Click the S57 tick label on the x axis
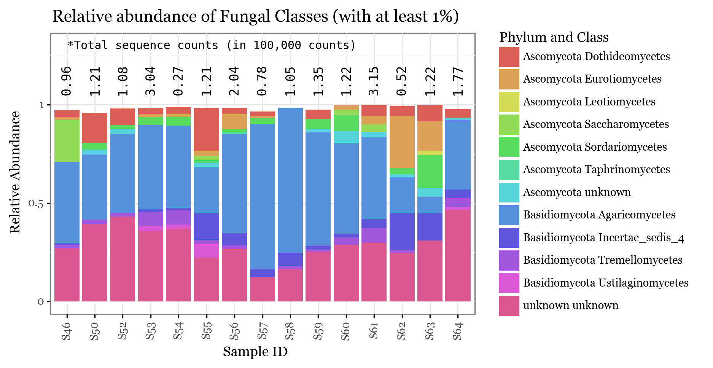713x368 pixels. click(263, 331)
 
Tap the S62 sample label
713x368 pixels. click(402, 331)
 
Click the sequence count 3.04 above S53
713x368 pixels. click(151, 81)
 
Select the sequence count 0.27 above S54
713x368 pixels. click(178, 81)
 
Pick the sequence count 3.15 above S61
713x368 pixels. click(374, 81)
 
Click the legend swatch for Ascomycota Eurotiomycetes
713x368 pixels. click(509, 79)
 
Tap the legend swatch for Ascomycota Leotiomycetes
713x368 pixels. click(509, 102)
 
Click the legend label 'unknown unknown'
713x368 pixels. click(571, 305)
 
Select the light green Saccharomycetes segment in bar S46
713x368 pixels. click(67, 141)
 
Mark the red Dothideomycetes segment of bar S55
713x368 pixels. click(207, 129)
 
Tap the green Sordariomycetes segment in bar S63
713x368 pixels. click(430, 171)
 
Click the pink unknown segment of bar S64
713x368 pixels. click(458, 255)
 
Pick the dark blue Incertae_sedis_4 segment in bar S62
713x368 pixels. click(402, 231)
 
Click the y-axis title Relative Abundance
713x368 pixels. click(15, 172)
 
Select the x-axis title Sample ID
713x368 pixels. click(255, 352)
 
